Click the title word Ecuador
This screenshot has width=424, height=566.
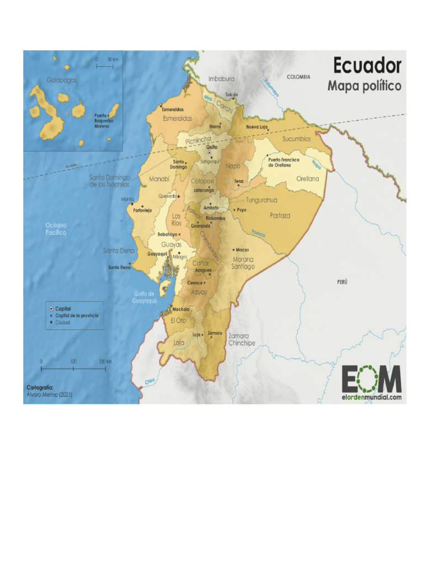[x=367, y=66]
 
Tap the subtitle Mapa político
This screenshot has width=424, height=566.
[x=364, y=86]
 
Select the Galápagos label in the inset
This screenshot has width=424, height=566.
[x=62, y=80]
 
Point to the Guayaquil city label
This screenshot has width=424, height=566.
[x=157, y=254]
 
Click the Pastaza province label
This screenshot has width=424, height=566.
[x=280, y=216]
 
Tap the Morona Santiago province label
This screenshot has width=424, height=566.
[x=243, y=263]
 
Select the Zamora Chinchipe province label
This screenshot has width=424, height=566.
[x=242, y=339]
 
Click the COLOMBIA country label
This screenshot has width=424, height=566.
[x=298, y=77]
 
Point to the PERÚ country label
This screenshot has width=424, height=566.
[x=342, y=282]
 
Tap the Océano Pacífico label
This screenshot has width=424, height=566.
[x=56, y=229]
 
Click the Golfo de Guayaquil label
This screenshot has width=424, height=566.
[x=145, y=297]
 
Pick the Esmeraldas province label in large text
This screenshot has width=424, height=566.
[x=177, y=118]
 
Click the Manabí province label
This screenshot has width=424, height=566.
[x=159, y=179]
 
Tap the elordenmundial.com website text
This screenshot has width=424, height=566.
[x=371, y=396]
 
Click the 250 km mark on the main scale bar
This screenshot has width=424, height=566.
[x=105, y=361]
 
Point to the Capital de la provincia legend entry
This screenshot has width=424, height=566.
[x=77, y=315]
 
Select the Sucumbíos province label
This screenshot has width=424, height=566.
[x=296, y=139]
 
